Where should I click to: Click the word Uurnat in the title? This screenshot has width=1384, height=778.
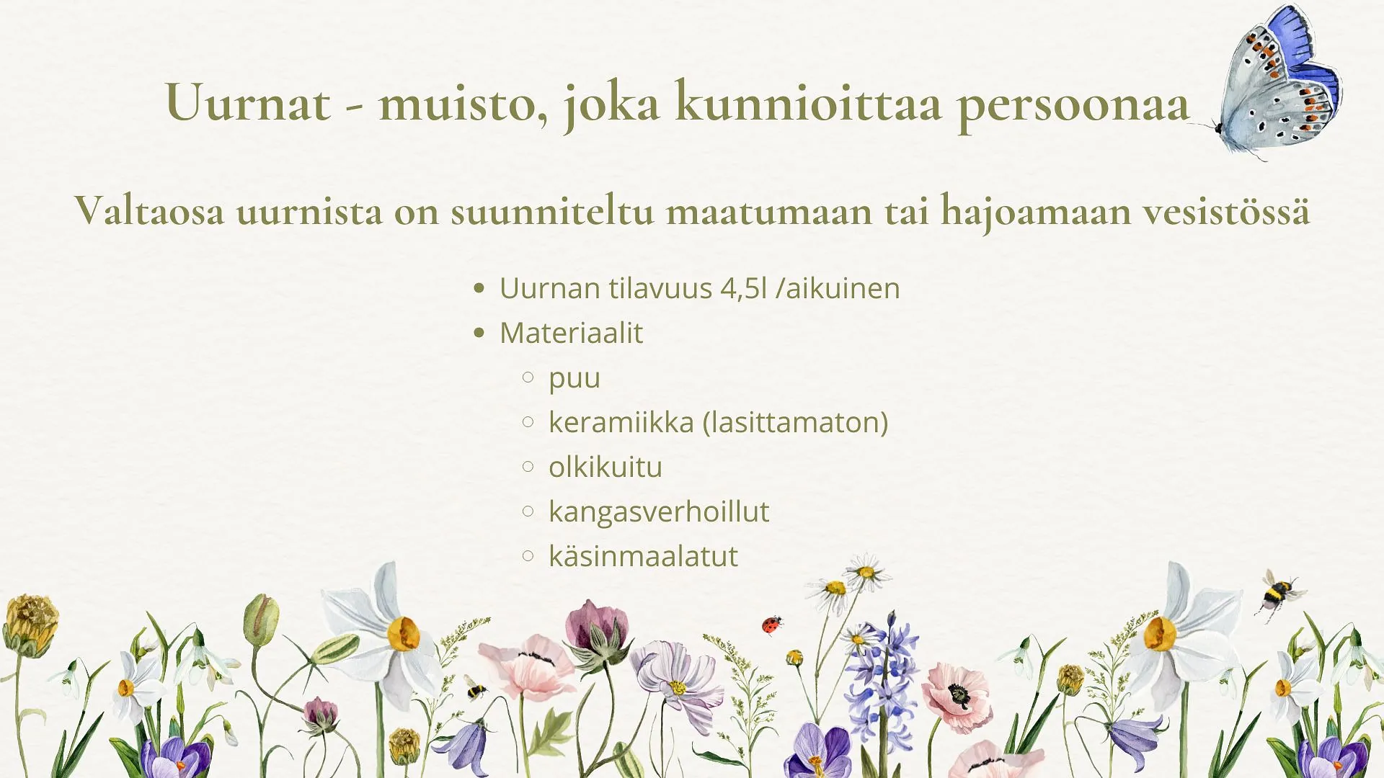(248, 102)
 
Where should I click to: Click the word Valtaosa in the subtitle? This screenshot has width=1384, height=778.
(150, 210)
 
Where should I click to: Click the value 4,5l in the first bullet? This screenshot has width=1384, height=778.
(744, 289)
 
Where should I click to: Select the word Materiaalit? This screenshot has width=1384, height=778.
(571, 333)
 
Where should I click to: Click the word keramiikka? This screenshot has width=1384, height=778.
(621, 422)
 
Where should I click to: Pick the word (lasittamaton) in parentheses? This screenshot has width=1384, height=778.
(796, 423)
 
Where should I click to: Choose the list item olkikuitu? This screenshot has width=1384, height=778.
(605, 467)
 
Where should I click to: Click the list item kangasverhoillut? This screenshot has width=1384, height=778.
(659, 512)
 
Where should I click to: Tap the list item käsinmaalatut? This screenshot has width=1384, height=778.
(643, 556)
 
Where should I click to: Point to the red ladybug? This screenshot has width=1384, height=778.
(772, 625)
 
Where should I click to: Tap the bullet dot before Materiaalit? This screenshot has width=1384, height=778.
(479, 333)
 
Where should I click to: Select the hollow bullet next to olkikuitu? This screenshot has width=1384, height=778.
(528, 467)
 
